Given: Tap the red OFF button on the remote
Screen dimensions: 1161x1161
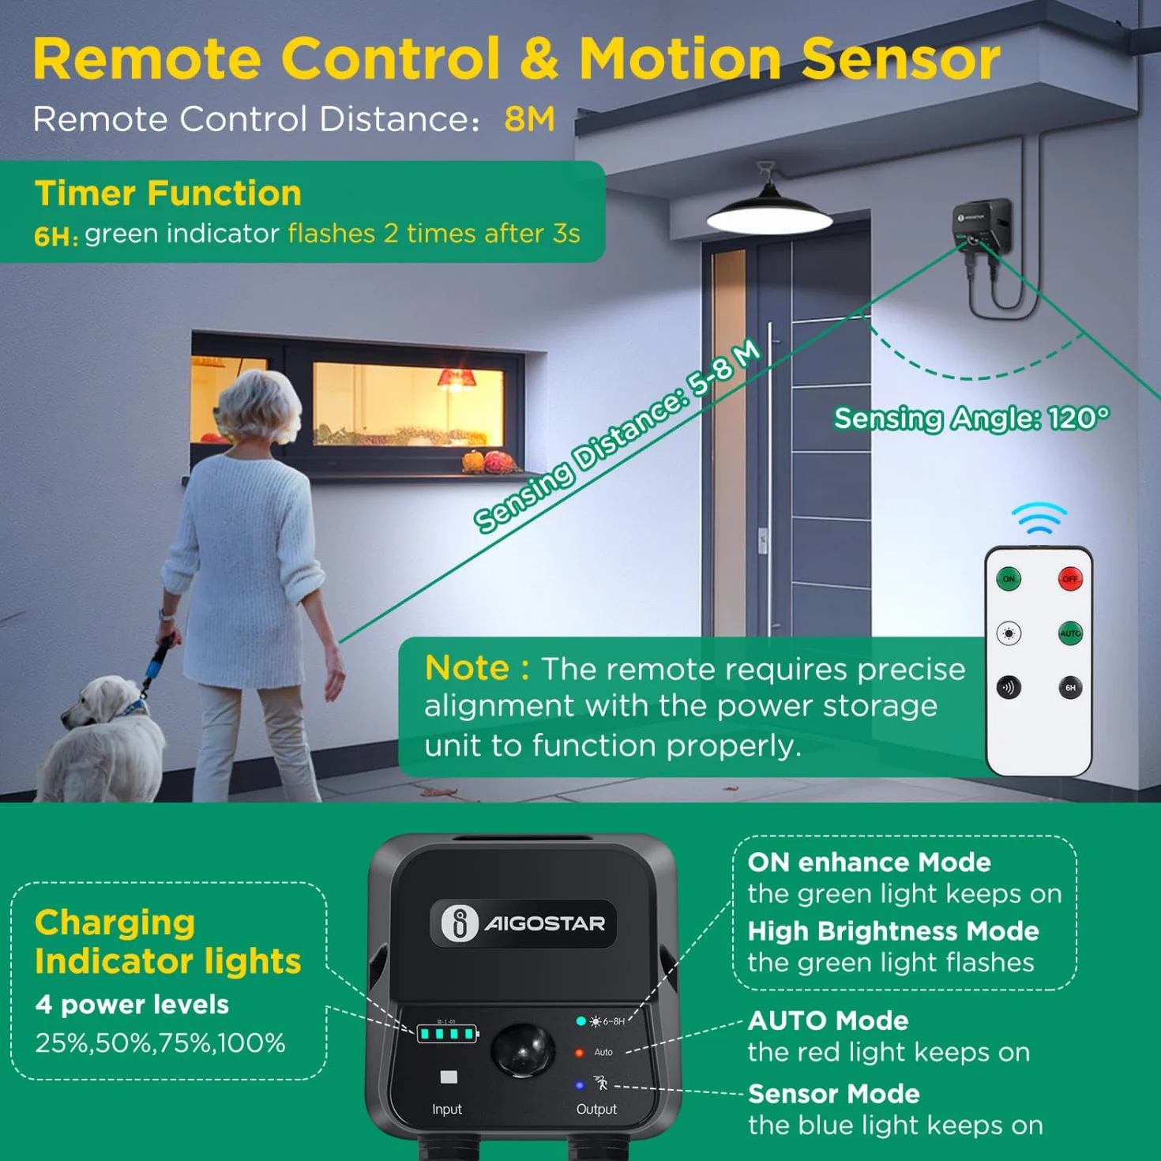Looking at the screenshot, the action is pos(1070,579).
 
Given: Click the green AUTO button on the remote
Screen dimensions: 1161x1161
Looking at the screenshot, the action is pos(1070,633).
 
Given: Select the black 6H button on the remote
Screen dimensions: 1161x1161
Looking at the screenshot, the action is pos(1070,687).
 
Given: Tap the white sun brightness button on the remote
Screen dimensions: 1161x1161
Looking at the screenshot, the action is pos(1009,633).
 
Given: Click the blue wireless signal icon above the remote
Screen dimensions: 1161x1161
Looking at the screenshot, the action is pos(1039,518).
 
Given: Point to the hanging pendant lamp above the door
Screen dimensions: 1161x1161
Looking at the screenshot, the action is pos(769,211).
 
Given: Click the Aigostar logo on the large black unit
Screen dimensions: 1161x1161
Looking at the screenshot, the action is pos(523,923).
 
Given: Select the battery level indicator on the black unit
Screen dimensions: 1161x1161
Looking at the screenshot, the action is pos(448,1034).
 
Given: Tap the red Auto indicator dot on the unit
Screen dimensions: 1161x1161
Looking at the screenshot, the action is pos(580,1053).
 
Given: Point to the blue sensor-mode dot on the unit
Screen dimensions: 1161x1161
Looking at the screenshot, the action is pos(580,1085).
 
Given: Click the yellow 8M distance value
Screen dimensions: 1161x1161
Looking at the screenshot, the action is pos(530,118).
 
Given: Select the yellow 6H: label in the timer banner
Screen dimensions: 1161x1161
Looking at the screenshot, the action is pos(56,236).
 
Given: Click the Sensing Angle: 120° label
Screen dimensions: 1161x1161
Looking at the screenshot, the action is pos(971,418).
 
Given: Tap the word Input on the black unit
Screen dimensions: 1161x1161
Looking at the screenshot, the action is pos(446,1109).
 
